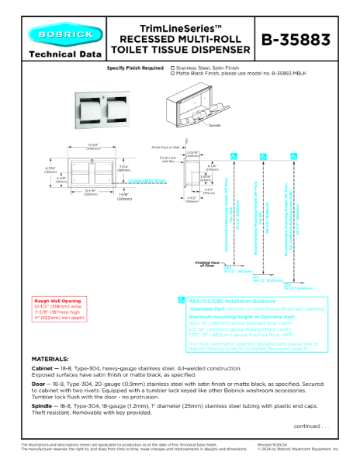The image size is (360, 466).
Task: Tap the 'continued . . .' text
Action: pos(310,426)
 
